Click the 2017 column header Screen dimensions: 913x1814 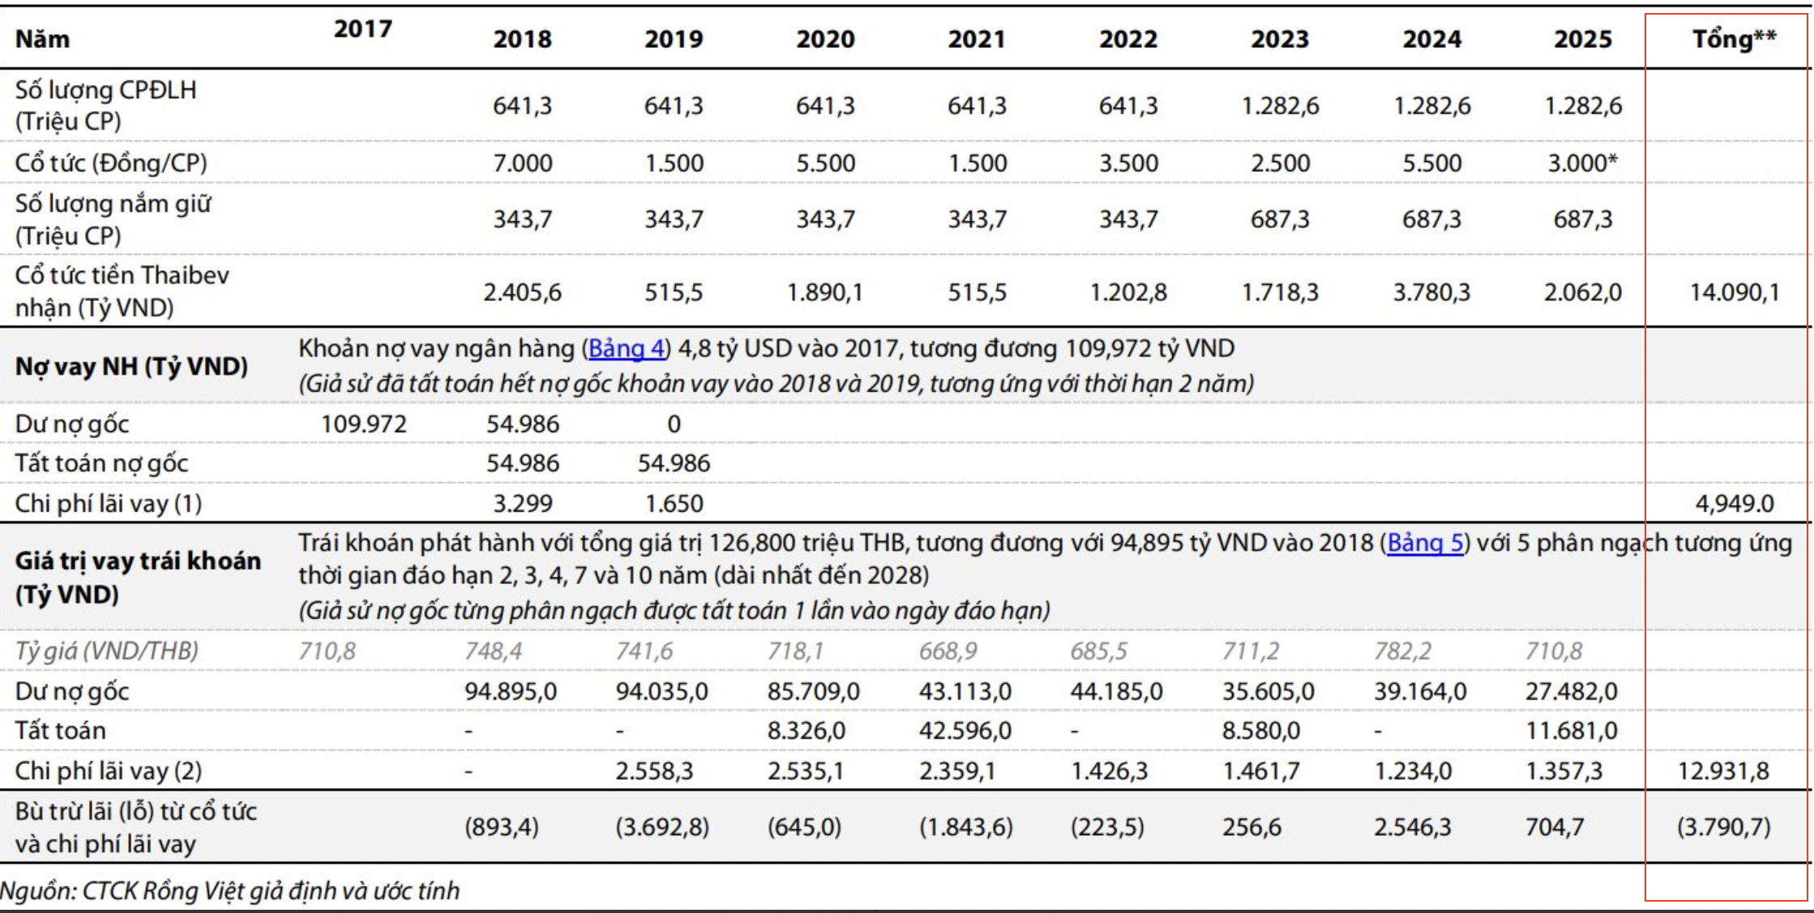(362, 29)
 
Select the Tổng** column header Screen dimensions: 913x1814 (1734, 39)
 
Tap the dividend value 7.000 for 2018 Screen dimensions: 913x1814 (523, 163)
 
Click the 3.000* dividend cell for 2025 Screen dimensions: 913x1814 (1582, 163)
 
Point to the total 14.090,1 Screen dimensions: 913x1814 (1735, 292)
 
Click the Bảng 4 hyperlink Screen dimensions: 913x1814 (627, 349)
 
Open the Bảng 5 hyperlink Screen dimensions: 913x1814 (1425, 542)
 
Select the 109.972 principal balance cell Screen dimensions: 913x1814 (363, 424)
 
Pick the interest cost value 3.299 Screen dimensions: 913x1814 (523, 504)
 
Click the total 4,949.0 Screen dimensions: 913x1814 (1735, 504)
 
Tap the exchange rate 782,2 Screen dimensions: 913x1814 (1402, 651)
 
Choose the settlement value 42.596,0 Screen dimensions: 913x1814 (965, 731)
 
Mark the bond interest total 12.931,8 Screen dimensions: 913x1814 (1723, 770)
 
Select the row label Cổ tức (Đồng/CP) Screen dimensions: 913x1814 (111, 163)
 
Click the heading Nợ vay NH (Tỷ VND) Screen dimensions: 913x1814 (131, 366)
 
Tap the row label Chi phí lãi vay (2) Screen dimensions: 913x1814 (109, 770)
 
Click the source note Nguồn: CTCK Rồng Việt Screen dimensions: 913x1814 (229, 890)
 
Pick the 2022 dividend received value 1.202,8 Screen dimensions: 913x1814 (1128, 292)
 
